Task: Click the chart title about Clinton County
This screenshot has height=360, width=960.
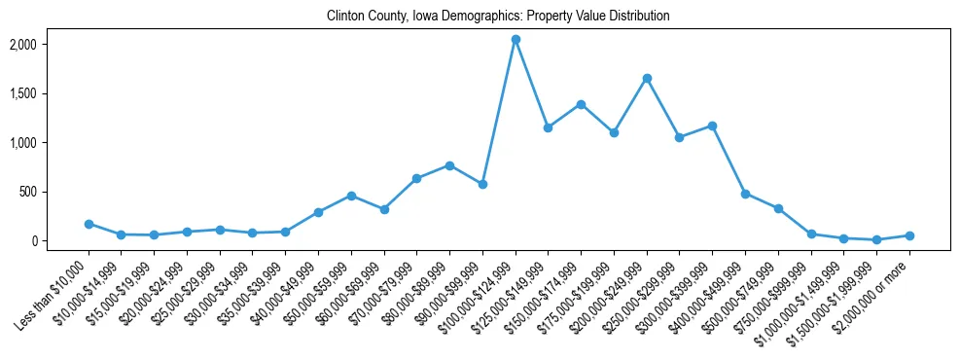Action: pyautogui.click(x=498, y=16)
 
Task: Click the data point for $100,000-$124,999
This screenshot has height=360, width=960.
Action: pyautogui.click(x=516, y=39)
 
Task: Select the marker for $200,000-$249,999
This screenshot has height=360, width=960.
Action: pyautogui.click(x=647, y=78)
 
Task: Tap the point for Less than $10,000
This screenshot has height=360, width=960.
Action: pyautogui.click(x=89, y=224)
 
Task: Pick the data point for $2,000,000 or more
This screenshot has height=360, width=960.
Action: pyautogui.click(x=909, y=235)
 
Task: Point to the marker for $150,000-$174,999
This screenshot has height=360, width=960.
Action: pyautogui.click(x=581, y=104)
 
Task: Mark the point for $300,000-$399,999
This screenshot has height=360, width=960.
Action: pyautogui.click(x=712, y=126)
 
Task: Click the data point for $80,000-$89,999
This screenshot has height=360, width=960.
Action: pyautogui.click(x=449, y=165)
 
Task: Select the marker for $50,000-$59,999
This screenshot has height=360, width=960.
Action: pyautogui.click(x=351, y=196)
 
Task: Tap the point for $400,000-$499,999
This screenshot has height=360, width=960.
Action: pyautogui.click(x=745, y=194)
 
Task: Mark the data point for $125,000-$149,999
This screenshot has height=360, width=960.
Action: pyautogui.click(x=548, y=127)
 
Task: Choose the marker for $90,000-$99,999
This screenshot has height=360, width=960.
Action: pyautogui.click(x=482, y=184)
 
